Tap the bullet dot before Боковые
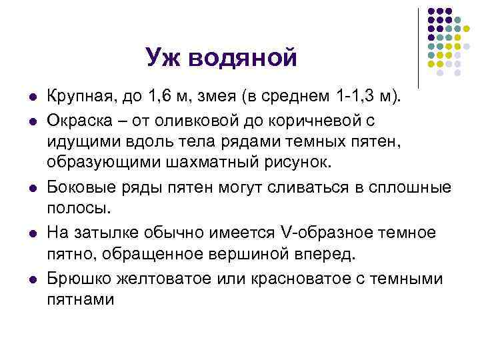[33, 189]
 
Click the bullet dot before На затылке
[33, 233]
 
